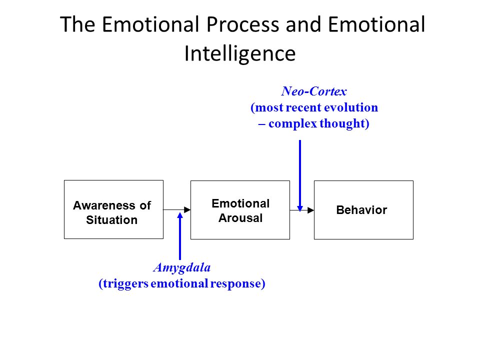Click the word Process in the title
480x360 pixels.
(x=242, y=24)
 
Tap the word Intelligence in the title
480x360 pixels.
(x=240, y=54)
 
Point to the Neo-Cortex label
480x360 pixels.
(x=314, y=91)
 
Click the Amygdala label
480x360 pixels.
(x=182, y=267)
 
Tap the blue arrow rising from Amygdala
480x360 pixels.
(x=180, y=236)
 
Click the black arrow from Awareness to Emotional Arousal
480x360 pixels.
(x=177, y=209)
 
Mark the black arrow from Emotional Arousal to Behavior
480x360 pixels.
(x=302, y=210)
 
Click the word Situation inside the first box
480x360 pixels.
(x=111, y=220)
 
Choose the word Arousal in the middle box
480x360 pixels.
(x=240, y=218)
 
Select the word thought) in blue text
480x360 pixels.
(x=344, y=123)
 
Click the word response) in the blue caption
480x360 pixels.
(x=237, y=283)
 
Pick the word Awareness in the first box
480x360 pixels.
(x=105, y=205)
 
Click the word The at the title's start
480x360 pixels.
(x=77, y=24)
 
